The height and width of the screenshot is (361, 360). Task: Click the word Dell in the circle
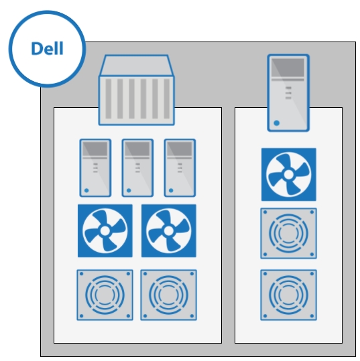click(47, 48)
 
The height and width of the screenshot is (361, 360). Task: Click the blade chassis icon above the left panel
click(137, 90)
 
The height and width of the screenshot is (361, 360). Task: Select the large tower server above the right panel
click(288, 93)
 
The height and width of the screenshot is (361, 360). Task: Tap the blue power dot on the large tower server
click(277, 123)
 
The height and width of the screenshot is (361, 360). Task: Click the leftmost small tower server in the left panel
click(95, 168)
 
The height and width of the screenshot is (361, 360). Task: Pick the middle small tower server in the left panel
click(137, 168)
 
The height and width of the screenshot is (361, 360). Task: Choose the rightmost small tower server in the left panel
click(180, 168)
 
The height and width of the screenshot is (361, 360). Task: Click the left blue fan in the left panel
click(105, 230)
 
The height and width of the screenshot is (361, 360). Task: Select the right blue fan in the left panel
click(169, 230)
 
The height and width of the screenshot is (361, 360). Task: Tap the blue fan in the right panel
click(289, 175)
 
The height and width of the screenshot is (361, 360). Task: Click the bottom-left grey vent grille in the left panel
click(105, 295)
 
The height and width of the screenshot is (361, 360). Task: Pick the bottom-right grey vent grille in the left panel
click(168, 295)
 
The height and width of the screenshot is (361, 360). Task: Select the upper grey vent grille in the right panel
click(288, 234)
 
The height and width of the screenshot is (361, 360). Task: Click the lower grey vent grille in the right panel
click(288, 295)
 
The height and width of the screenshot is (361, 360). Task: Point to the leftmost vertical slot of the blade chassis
click(109, 98)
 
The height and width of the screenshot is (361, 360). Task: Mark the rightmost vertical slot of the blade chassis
click(167, 98)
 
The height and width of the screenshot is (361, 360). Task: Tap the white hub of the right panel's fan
click(288, 175)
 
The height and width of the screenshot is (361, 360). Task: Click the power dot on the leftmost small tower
click(86, 190)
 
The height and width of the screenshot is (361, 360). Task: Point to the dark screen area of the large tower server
click(288, 68)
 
